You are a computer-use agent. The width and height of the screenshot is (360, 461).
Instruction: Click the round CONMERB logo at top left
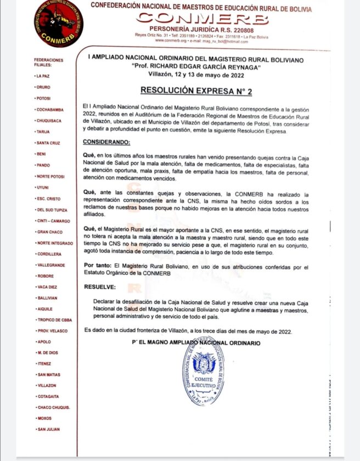[x=58, y=24]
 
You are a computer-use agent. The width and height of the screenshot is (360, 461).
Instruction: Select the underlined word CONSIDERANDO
[x=106, y=143]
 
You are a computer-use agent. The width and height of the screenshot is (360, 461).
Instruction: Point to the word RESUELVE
[x=99, y=286]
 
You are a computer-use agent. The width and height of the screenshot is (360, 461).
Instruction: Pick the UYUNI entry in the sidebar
[x=43, y=188]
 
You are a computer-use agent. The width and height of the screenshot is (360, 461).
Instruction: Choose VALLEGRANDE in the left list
[x=51, y=265]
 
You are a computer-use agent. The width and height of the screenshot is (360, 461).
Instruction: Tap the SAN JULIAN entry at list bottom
[x=48, y=429]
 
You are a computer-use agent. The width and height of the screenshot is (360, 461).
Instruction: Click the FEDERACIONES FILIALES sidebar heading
[x=48, y=62]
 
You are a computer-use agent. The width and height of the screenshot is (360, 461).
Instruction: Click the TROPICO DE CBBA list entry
[x=54, y=319]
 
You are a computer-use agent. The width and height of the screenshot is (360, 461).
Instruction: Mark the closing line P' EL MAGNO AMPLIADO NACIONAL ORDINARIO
[x=196, y=343]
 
